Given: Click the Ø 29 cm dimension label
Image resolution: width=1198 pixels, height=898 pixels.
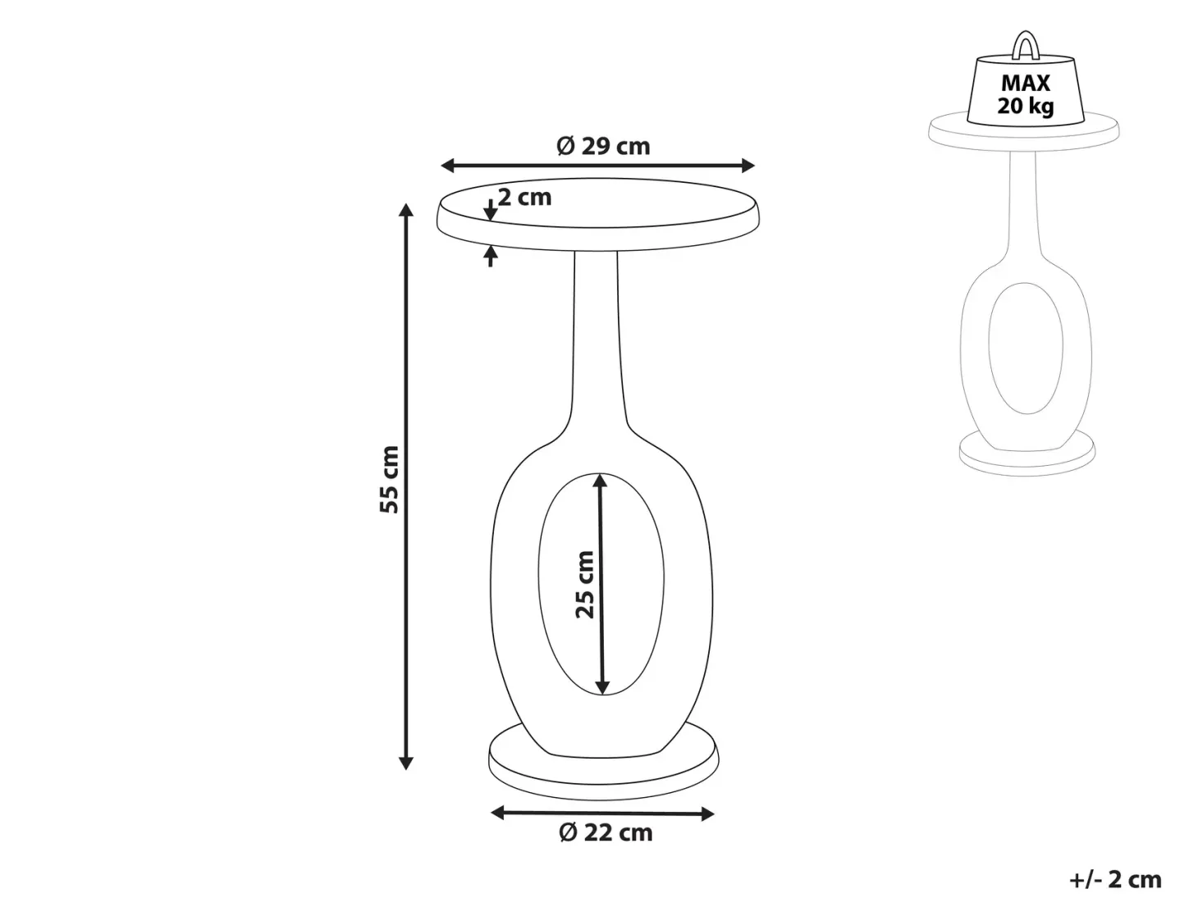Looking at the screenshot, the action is pyautogui.click(x=603, y=146).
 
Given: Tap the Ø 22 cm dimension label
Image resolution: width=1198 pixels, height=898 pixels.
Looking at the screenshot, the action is pyautogui.click(x=606, y=848).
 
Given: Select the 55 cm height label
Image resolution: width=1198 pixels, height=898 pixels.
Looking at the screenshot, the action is pyautogui.click(x=390, y=479).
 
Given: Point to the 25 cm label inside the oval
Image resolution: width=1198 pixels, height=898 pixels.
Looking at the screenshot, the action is pyautogui.click(x=584, y=585).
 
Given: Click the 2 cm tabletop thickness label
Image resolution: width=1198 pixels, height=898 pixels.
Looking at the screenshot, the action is pyautogui.click(x=524, y=197).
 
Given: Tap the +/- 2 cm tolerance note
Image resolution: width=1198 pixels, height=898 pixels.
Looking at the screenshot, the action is pyautogui.click(x=1116, y=879).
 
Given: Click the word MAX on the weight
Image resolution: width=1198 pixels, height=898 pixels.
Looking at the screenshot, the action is pyautogui.click(x=1026, y=83).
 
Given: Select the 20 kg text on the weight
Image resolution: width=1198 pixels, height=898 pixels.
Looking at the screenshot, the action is pyautogui.click(x=1026, y=105).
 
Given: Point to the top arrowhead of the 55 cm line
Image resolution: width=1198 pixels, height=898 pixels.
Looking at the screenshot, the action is pyautogui.click(x=405, y=209).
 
